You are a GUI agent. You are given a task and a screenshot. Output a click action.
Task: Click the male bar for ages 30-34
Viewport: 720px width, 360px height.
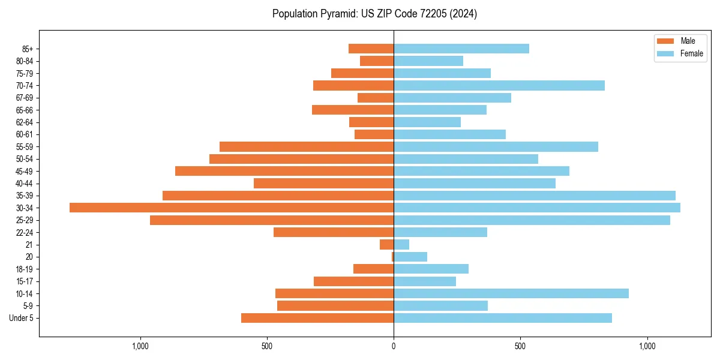tap(232, 208)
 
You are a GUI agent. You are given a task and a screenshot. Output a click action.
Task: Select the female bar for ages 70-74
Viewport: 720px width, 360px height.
tap(499, 85)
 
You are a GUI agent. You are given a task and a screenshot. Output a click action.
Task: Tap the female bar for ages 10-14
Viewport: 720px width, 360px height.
tap(511, 293)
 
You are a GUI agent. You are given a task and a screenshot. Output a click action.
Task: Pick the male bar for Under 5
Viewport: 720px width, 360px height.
tap(317, 318)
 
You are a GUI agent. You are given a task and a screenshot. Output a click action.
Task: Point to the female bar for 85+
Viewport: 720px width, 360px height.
tap(461, 49)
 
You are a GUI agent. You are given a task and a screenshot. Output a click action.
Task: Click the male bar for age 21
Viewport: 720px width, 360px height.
tap(387, 245)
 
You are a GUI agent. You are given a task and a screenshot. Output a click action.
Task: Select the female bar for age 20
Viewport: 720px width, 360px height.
tap(410, 257)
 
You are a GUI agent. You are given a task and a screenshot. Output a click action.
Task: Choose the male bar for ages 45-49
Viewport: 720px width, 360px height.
tap(284, 171)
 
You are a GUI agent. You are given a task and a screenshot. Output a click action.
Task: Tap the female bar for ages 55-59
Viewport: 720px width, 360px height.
tap(496, 146)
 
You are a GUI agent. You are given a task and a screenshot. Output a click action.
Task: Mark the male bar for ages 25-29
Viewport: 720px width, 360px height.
tap(272, 220)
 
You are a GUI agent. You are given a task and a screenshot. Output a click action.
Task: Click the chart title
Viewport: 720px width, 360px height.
tap(374, 14)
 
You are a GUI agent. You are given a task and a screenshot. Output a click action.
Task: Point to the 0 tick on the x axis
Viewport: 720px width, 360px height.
tap(394, 346)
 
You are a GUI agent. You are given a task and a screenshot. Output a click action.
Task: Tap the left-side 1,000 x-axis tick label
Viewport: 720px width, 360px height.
tap(140, 346)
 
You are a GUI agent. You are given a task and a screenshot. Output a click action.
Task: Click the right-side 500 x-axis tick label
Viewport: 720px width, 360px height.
tap(520, 346)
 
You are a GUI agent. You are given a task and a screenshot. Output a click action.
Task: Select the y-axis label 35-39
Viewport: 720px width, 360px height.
tap(24, 196)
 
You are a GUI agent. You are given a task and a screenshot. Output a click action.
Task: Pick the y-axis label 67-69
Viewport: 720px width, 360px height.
tap(24, 98)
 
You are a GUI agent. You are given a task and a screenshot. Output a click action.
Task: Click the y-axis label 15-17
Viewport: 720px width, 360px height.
tap(24, 281)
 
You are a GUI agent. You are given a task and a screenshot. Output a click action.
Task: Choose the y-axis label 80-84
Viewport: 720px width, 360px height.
tap(24, 61)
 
